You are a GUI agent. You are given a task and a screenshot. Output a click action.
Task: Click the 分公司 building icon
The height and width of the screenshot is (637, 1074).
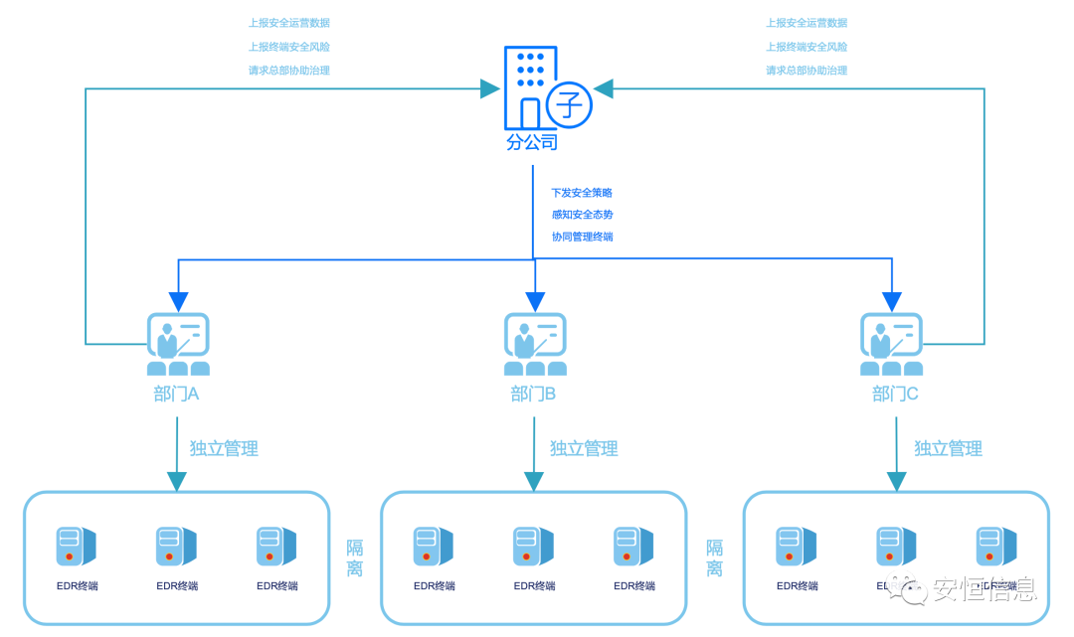pos(528,87)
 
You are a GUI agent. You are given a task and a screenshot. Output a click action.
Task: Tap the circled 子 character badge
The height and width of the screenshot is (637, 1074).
pos(568,103)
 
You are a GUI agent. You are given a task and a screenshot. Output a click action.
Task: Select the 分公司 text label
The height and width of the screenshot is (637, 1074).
pos(532,142)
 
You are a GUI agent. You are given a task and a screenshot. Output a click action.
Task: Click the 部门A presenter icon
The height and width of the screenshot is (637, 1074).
pos(178,344)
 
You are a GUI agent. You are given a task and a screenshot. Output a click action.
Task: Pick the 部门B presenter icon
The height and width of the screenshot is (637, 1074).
pos(535,344)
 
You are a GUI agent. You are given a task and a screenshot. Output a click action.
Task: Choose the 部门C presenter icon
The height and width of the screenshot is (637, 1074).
pos(891,344)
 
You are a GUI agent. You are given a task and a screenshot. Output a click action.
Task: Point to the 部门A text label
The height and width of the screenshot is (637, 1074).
pos(176,395)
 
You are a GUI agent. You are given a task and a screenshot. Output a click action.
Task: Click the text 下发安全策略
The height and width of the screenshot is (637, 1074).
pos(582,193)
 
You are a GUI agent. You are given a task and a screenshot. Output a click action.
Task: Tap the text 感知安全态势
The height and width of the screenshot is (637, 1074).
pos(582,215)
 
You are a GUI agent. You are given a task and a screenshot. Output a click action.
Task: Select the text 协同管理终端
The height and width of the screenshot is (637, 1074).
pos(582,237)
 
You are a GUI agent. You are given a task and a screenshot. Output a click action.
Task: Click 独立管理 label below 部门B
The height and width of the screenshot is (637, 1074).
pos(584,449)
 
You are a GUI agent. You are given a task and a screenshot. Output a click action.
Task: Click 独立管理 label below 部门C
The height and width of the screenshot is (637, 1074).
pos(948,449)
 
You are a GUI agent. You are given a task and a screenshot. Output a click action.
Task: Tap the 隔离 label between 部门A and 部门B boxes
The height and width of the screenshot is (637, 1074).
pos(355,558)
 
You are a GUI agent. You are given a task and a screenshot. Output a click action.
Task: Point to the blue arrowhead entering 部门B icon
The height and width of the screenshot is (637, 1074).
pos(535,301)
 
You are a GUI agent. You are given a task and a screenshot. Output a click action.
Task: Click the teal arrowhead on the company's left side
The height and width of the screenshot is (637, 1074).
pos(489,89)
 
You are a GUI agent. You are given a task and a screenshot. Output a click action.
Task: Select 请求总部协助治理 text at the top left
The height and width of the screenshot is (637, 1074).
pos(288,71)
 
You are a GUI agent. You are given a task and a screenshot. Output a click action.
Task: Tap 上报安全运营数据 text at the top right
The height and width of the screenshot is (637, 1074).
pos(806,23)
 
